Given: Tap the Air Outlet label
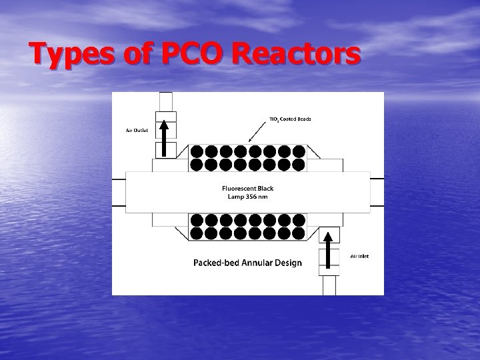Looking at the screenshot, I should click(x=137, y=131).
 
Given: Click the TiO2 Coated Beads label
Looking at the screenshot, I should click(x=289, y=119).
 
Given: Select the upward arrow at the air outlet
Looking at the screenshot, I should click(x=163, y=137).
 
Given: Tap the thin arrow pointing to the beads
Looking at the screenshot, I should click(x=259, y=132).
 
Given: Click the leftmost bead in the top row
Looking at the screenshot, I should click(x=197, y=151).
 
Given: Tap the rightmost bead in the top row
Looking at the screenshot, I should click(x=299, y=151).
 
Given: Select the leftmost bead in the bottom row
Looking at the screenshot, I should click(x=197, y=233).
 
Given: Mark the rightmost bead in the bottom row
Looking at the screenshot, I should click(x=299, y=233).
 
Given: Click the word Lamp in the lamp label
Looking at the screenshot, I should click(x=233, y=196).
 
